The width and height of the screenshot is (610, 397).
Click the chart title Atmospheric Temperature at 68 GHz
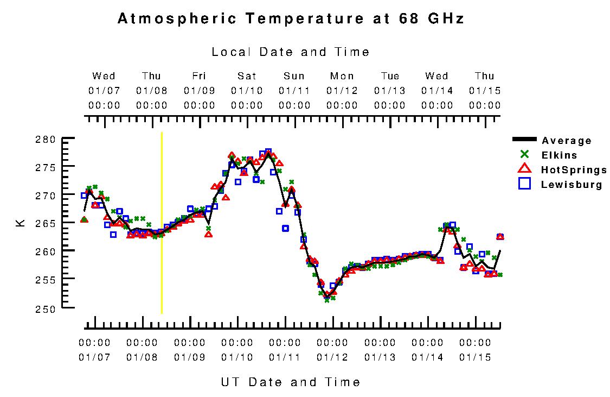click(291, 18)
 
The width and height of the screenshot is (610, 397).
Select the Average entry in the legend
click(566, 141)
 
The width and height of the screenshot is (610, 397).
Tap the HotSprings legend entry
click(574, 170)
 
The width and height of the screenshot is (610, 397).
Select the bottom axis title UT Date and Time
click(291, 382)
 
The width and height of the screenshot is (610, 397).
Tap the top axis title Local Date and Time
click(291, 52)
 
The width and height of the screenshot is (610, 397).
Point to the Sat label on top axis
click(247, 76)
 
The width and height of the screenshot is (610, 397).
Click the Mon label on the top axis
click(342, 76)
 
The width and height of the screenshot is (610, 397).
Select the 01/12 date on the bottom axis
click(332, 357)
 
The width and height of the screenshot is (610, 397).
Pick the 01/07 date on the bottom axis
click(94, 357)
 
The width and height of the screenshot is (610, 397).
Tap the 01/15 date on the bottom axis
click(475, 357)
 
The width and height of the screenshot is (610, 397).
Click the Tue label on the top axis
click(390, 76)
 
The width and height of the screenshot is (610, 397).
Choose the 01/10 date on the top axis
click(247, 90)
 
